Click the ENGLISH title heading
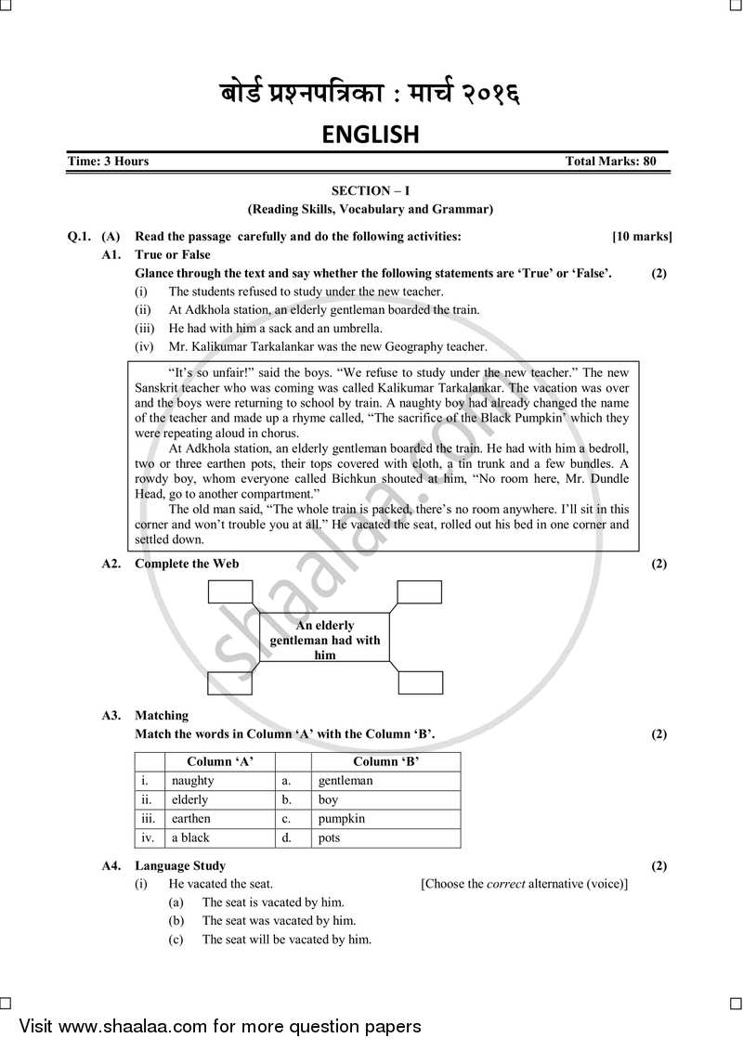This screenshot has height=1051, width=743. coord(371,136)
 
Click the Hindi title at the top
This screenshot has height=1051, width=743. coord(370,95)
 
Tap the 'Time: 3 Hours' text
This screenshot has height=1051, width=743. coord(109,162)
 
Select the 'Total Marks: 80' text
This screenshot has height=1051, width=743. coord(610,162)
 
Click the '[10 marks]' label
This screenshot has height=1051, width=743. coord(642,237)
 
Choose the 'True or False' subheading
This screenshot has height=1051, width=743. coord(173,254)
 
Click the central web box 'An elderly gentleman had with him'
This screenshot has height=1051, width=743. coord(325,640)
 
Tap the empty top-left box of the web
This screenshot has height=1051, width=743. coord(230,592)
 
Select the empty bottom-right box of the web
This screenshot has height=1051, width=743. coord(421,681)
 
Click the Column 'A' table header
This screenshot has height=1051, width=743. coord(220,762)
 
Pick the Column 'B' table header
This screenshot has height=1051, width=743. coord(385,762)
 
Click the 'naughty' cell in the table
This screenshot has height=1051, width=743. coord(193,781)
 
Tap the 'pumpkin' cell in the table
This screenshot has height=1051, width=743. coord(342,819)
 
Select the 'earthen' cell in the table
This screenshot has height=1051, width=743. coord(191,819)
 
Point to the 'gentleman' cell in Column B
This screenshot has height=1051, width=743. coord(345,781)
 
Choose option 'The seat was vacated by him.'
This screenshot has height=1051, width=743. coord(279,921)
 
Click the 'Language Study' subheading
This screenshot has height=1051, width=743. coord(180,866)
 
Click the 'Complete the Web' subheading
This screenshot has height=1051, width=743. coord(187,564)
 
